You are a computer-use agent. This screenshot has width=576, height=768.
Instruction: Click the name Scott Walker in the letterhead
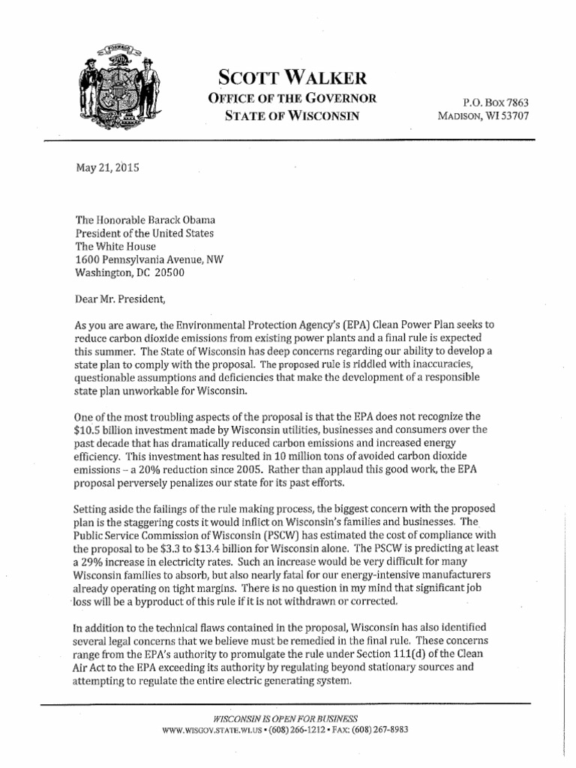[x=292, y=76]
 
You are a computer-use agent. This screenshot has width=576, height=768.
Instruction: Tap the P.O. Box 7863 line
[x=498, y=100]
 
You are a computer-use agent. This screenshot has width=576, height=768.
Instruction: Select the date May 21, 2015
[x=109, y=168]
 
